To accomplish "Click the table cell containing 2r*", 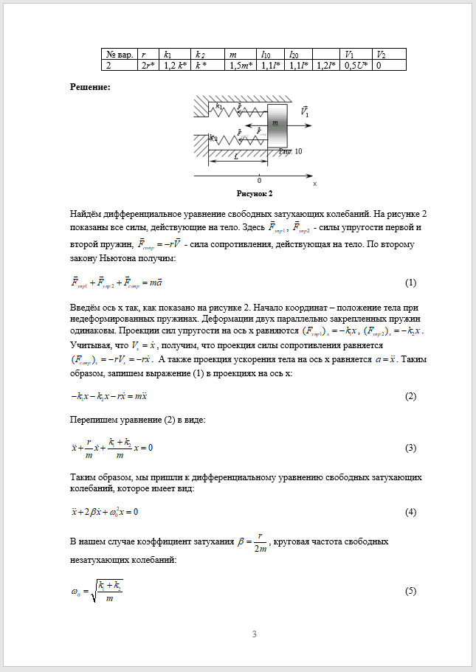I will pyautogui.click(x=151, y=66).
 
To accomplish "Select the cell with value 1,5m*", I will pyautogui.click(x=242, y=66).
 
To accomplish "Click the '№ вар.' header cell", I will pyautogui.click(x=120, y=55).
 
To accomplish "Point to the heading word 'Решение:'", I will pyautogui.click(x=90, y=87).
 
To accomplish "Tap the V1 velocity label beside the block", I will pyautogui.click(x=305, y=112).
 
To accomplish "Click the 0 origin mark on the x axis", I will pyautogui.click(x=259, y=180).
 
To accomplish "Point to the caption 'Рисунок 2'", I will pyautogui.click(x=255, y=193).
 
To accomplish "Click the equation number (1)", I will pyautogui.click(x=411, y=283).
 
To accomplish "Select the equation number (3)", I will pyautogui.click(x=411, y=448).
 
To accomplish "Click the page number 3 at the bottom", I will pyautogui.click(x=255, y=634).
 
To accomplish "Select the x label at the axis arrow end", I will pyautogui.click(x=314, y=183).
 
